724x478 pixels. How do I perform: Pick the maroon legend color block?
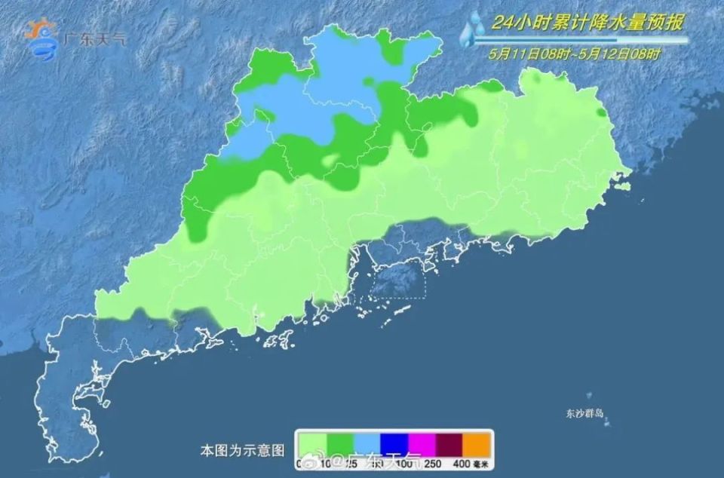tap(450, 442)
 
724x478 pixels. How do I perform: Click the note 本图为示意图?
tap(243, 450)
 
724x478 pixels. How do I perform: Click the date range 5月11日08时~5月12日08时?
tap(575, 54)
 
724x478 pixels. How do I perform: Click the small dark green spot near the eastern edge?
tap(601, 113)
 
